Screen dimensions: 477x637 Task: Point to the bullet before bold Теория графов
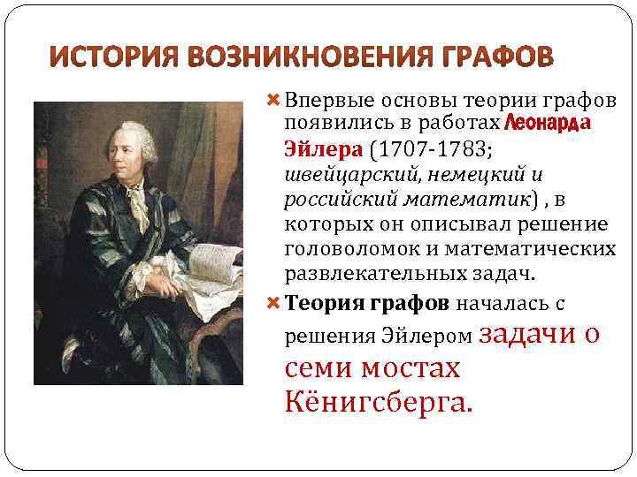click(x=272, y=303)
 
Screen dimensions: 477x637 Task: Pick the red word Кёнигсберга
click(x=380, y=403)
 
